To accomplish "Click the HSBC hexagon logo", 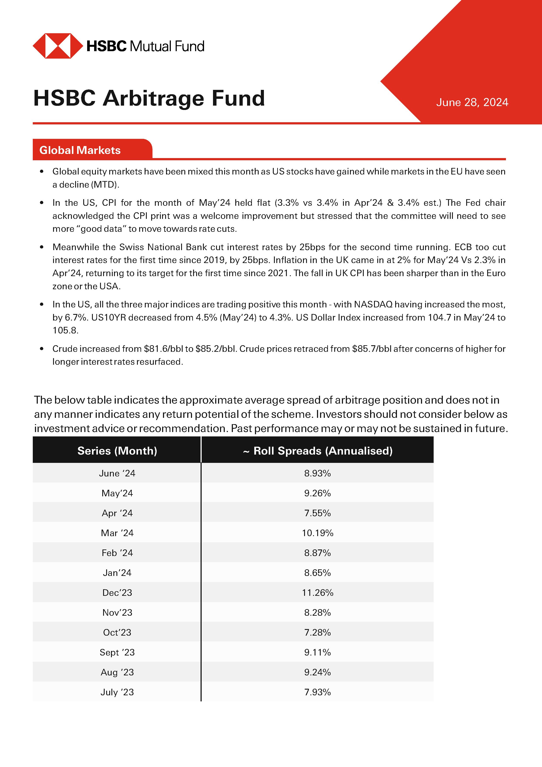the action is pyautogui.click(x=58, y=46).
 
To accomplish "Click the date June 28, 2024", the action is pyautogui.click(x=472, y=102).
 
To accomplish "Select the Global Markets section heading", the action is pyautogui.click(x=80, y=150).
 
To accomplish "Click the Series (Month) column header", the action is pyautogui.click(x=117, y=451).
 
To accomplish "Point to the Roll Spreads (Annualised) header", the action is pyautogui.click(x=317, y=451).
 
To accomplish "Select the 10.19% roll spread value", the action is pyautogui.click(x=317, y=533).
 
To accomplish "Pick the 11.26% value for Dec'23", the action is pyautogui.click(x=317, y=593).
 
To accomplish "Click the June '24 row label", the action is pyautogui.click(x=117, y=473).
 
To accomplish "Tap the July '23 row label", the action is pyautogui.click(x=117, y=692).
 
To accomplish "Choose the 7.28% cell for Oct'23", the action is pyautogui.click(x=317, y=632).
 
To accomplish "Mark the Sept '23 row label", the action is pyautogui.click(x=117, y=652).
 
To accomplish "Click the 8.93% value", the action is pyautogui.click(x=317, y=473).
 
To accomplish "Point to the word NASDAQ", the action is pyautogui.click(x=373, y=304).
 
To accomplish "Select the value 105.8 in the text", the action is pyautogui.click(x=65, y=330).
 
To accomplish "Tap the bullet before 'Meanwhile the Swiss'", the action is pyautogui.click(x=42, y=247).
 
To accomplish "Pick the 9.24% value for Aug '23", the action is pyautogui.click(x=317, y=672).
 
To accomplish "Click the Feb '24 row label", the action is pyautogui.click(x=117, y=553).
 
